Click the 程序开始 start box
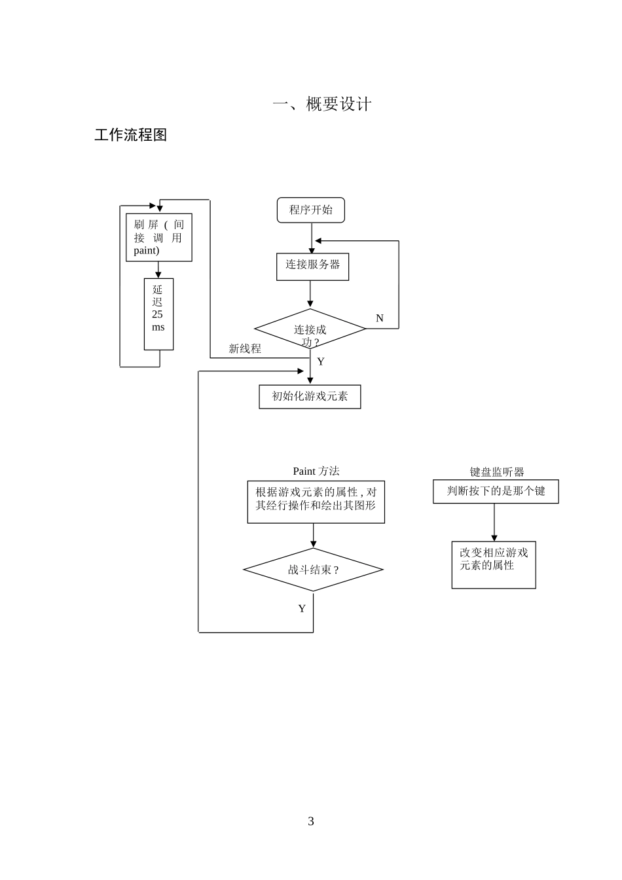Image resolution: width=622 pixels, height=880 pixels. click(x=310, y=210)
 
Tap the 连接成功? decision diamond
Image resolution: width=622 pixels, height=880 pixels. click(x=310, y=329)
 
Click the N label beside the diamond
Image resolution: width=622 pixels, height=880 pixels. click(x=380, y=318)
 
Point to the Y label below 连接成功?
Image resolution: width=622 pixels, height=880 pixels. click(x=321, y=362)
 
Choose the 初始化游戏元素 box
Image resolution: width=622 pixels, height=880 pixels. click(x=310, y=397)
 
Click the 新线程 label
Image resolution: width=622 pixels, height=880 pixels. click(x=245, y=349)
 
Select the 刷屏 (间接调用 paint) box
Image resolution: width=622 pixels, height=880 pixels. click(x=158, y=238)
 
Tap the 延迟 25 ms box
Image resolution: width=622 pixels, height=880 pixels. click(x=158, y=314)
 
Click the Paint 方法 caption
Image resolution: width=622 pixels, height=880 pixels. click(x=316, y=471)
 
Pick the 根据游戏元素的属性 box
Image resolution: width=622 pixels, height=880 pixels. click(x=316, y=502)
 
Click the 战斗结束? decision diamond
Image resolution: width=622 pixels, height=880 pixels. click(x=313, y=570)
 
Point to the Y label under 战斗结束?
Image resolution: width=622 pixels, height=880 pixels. click(x=302, y=609)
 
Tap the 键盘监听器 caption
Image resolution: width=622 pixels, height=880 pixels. click(x=497, y=472)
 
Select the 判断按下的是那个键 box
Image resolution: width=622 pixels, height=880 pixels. click(x=496, y=492)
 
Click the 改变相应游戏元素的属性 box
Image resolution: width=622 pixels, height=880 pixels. click(x=494, y=565)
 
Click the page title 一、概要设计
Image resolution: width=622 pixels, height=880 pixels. click(x=322, y=104)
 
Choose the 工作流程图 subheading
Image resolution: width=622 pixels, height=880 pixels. click(x=131, y=135)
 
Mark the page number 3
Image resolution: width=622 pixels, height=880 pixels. click(x=311, y=822)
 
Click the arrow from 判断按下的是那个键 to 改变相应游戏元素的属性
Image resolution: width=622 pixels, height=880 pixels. click(x=494, y=522)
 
